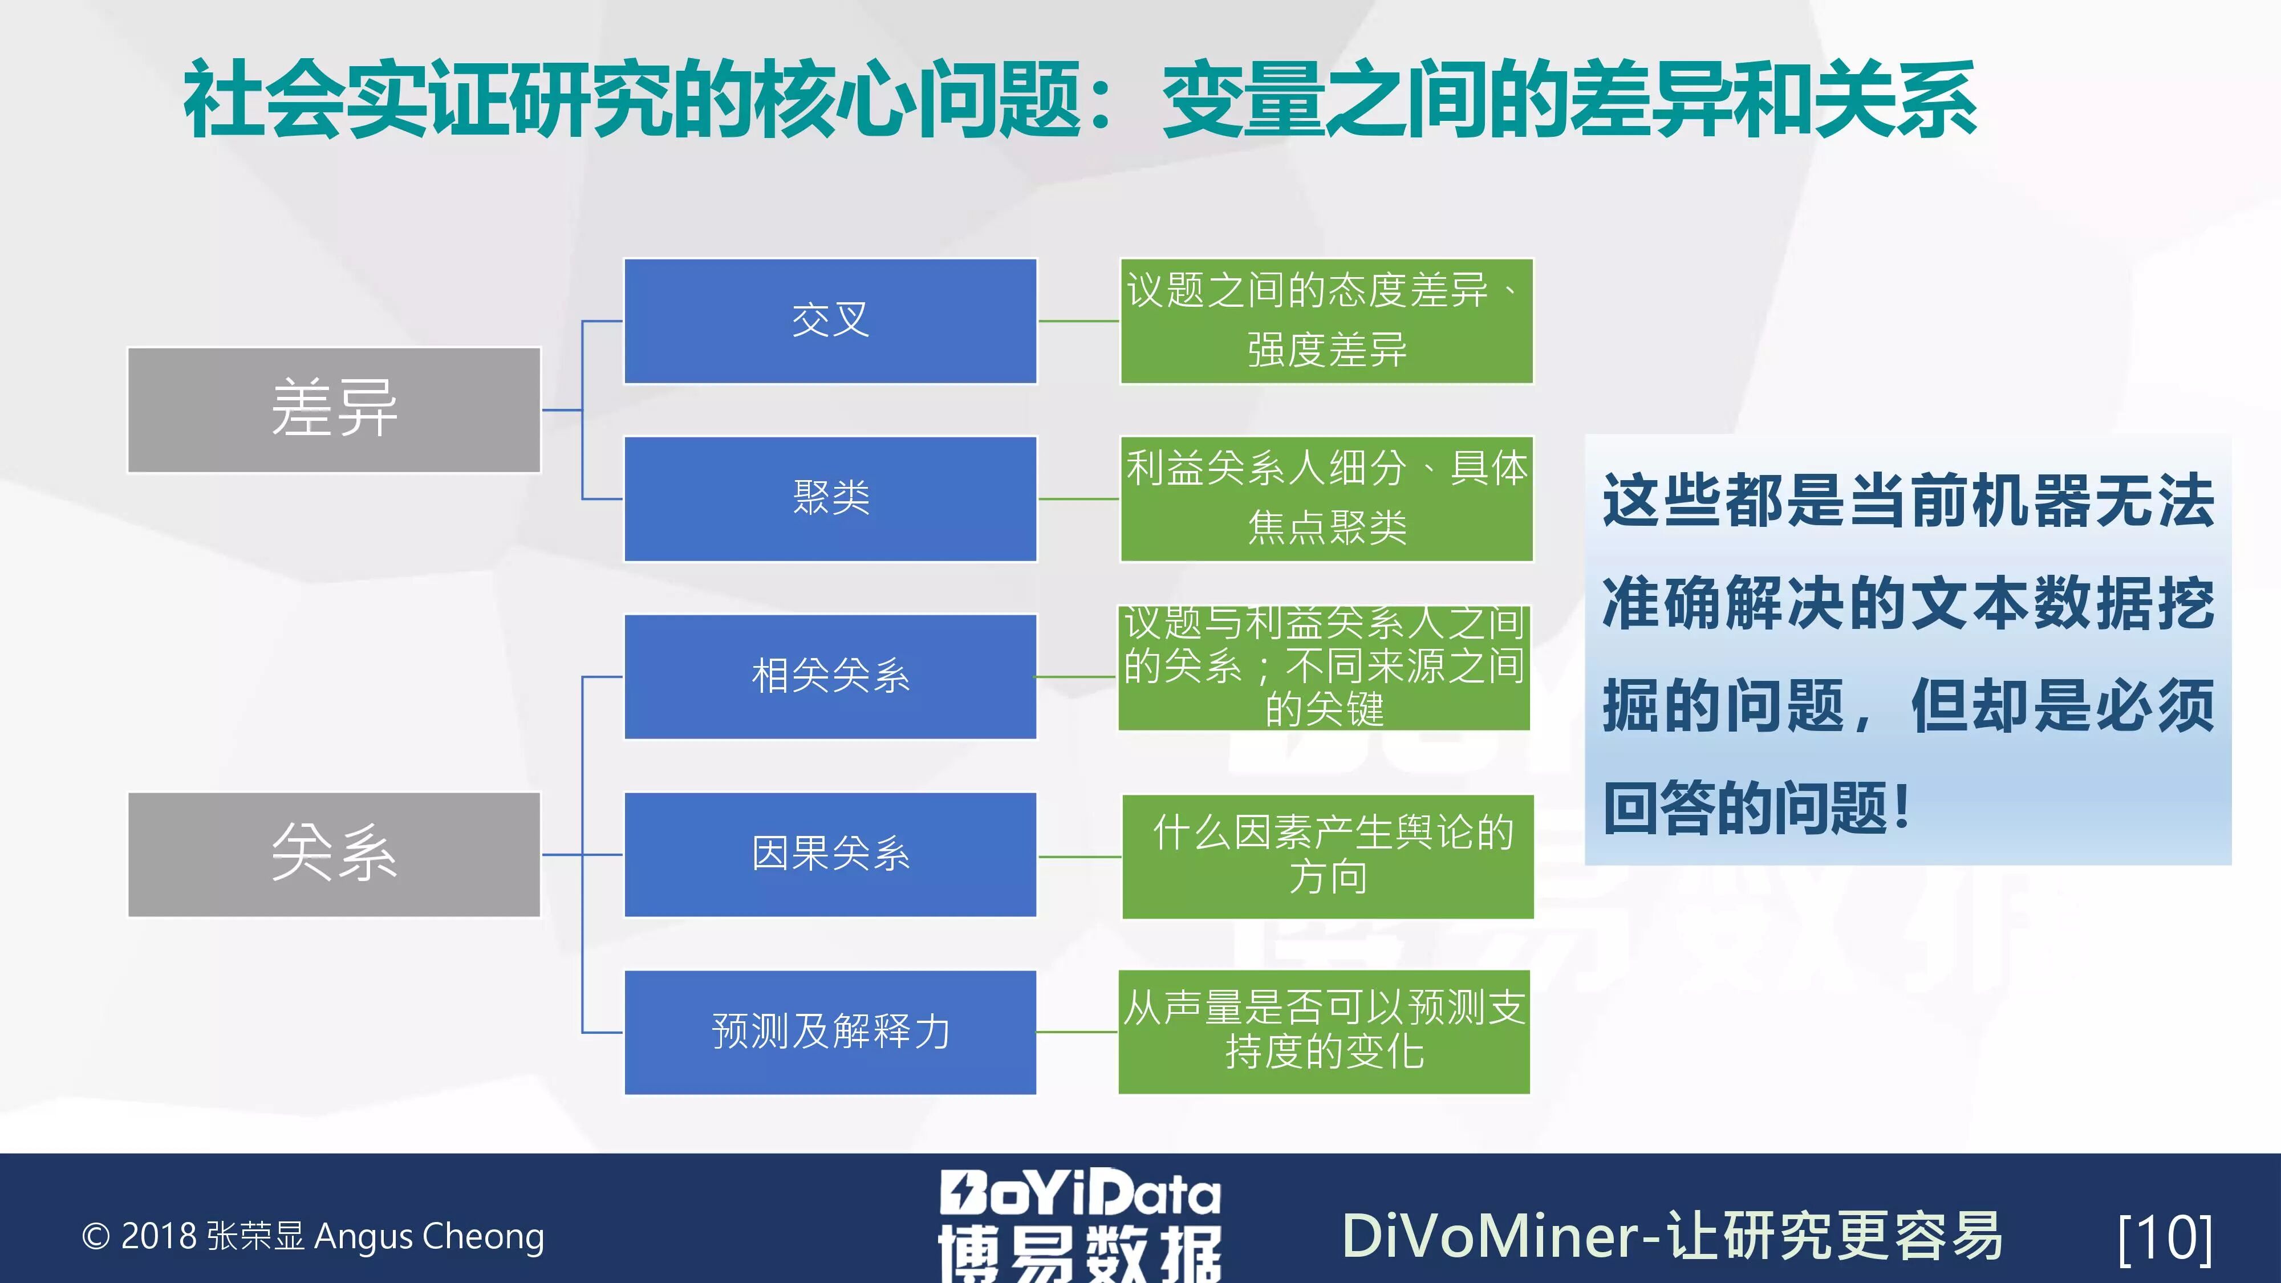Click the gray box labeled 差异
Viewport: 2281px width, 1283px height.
tap(334, 410)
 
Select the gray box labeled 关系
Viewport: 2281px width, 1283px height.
tap(334, 854)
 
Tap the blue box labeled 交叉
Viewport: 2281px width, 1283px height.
tap(830, 320)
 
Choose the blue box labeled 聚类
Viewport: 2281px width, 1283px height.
tap(830, 498)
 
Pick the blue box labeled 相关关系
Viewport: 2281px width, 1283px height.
tap(830, 676)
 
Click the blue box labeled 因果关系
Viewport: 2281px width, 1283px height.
tap(830, 854)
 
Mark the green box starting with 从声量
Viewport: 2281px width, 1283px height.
tap(1324, 1032)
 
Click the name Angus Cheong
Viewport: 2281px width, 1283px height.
tap(429, 1237)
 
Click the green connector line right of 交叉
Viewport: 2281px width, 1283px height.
tap(1078, 320)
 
